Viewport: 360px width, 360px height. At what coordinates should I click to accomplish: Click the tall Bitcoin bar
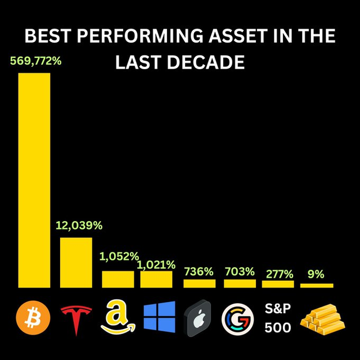pyautogui.click(x=34, y=180)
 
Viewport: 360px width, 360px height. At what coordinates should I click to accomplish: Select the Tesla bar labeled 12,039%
pyautogui.click(x=76, y=262)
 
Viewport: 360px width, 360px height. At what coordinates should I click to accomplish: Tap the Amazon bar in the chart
pyautogui.click(x=118, y=279)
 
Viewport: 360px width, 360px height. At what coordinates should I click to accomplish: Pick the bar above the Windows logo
pyautogui.click(x=156, y=279)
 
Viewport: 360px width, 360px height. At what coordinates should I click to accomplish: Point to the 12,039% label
pyautogui.click(x=79, y=226)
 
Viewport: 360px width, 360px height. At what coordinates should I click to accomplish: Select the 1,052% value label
pyautogui.click(x=119, y=256)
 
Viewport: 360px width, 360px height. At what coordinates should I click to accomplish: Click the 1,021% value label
pyautogui.click(x=156, y=264)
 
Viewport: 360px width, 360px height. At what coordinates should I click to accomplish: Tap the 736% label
pyautogui.click(x=199, y=272)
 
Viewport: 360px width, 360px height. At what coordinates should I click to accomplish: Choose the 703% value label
pyautogui.click(x=239, y=272)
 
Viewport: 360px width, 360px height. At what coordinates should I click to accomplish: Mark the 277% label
pyautogui.click(x=278, y=274)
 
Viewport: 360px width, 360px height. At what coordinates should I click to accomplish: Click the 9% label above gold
pyautogui.click(x=316, y=274)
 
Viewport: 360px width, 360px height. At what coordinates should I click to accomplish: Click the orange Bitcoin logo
pyautogui.click(x=34, y=316)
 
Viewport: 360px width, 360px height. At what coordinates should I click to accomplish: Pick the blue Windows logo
pyautogui.click(x=159, y=317)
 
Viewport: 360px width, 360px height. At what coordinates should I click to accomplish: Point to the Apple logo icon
pyautogui.click(x=198, y=317)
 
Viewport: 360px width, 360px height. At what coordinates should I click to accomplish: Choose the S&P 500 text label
pyautogui.click(x=278, y=317)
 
